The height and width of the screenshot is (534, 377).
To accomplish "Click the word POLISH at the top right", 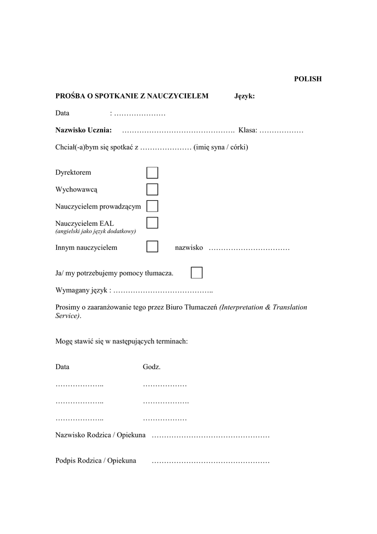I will coord(308,79).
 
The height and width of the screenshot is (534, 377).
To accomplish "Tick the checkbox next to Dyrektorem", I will coord(152,173).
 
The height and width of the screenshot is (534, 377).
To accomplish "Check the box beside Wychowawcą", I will coord(152,189).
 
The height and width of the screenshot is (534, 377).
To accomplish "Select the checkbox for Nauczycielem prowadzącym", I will coord(152,206).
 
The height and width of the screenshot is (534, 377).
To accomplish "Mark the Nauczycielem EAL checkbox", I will coord(152,223).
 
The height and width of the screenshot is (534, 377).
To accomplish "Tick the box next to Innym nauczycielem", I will coord(152,247).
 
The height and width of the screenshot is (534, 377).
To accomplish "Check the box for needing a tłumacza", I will coord(197,273).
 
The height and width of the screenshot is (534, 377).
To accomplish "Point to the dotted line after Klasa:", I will coord(281,130).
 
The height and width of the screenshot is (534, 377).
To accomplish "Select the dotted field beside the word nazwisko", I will coord(249,248).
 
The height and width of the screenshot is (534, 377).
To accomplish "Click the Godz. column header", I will coord(152,367).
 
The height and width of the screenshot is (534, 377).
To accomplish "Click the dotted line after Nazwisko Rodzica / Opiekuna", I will coord(210,435).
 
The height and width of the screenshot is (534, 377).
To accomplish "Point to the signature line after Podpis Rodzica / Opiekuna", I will coord(210,461).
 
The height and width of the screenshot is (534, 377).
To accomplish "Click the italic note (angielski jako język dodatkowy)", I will coord(96,231).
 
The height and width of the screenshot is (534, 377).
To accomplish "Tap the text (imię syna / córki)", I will coord(221,148).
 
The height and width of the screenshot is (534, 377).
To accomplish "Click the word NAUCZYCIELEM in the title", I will coord(178,96).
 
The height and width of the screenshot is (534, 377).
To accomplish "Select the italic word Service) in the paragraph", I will coord(68,316).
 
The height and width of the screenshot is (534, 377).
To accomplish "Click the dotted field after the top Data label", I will coord(140,114).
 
